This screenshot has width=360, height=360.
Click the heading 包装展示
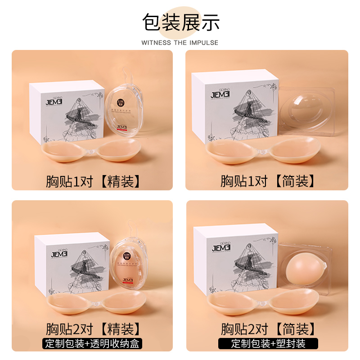(180, 22)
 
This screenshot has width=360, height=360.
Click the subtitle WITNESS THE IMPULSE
(180, 43)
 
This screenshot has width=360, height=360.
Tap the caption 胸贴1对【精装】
(93, 180)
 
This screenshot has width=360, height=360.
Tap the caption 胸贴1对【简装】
(267, 180)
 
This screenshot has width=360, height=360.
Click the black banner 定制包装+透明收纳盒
(93, 344)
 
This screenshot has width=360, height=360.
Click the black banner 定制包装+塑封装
(268, 344)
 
